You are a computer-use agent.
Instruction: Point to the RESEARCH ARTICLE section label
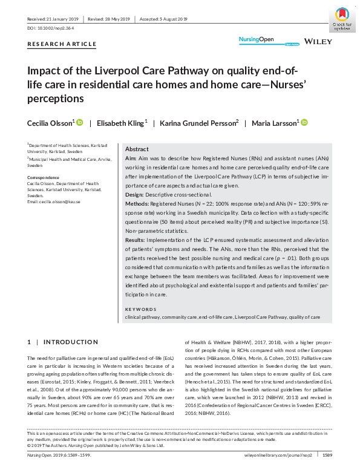click(x=62, y=44)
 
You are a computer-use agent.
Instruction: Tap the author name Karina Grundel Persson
click(x=190, y=123)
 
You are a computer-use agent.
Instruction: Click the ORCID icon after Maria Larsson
click(x=304, y=123)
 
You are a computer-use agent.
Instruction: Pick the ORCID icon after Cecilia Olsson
click(x=79, y=123)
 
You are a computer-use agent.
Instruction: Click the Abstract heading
click(x=137, y=149)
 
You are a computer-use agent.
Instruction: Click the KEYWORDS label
click(x=141, y=310)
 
